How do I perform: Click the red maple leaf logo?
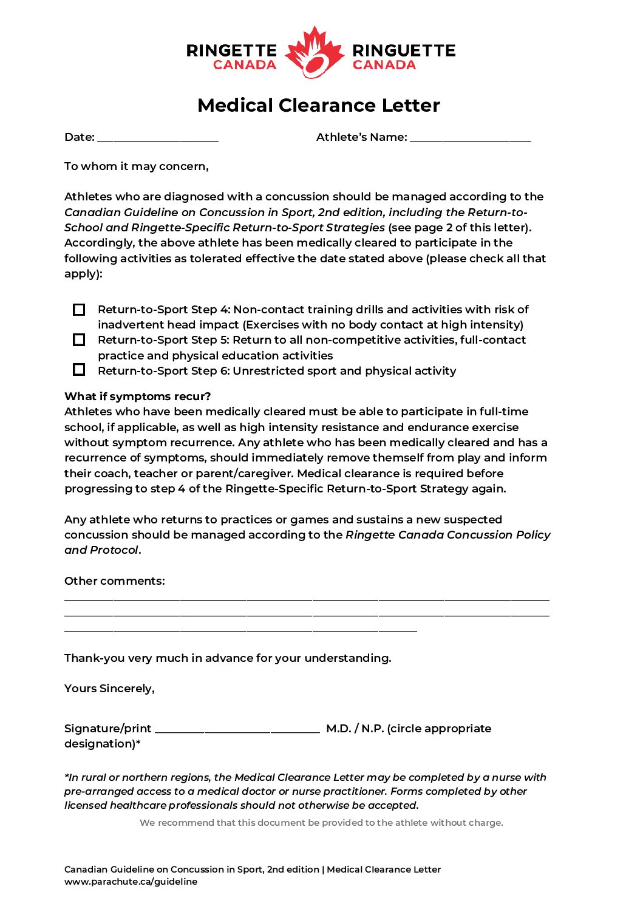pos(314,52)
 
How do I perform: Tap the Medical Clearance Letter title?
pos(319,105)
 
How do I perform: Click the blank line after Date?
pos(157,138)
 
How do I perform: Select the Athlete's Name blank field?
pos(470,138)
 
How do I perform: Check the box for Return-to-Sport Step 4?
pos(79,310)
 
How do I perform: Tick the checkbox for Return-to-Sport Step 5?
pos(79,340)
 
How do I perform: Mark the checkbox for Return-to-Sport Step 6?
pos(79,370)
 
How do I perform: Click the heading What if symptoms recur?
pos(138,397)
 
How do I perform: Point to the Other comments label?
pos(115,581)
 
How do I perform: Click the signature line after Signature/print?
pos(237,729)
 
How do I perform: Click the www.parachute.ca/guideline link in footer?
pos(131,882)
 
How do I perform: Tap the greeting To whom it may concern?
pos(137,166)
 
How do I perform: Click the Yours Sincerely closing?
pos(109,689)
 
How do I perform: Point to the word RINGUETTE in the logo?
pos(404,50)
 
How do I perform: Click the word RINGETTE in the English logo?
pos(231,50)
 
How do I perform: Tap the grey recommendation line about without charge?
pos(321,823)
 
